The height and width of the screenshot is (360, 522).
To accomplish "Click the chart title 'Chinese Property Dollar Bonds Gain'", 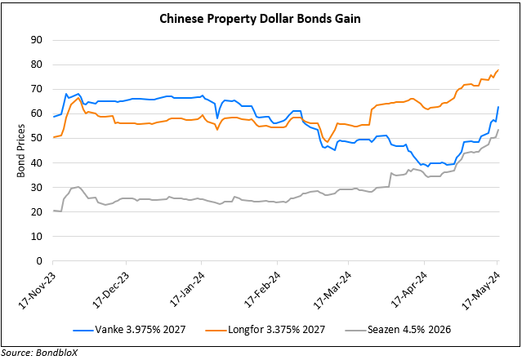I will coord(261,18).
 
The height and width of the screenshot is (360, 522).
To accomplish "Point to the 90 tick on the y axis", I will coord(38,40).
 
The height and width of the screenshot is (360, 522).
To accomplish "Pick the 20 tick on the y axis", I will coord(38,212).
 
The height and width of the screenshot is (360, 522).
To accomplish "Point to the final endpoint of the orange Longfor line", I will coord(498,69).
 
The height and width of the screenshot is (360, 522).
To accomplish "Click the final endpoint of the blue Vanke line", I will coord(498,107).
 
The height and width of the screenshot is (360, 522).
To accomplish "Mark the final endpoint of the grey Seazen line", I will coord(498,130).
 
